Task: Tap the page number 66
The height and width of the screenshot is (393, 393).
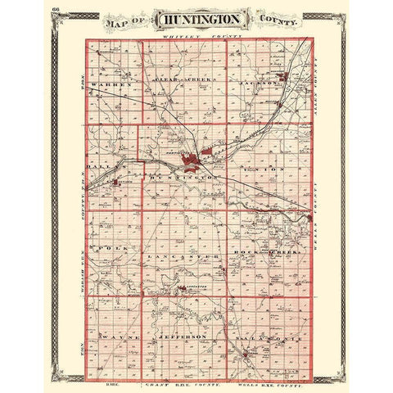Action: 56,8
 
